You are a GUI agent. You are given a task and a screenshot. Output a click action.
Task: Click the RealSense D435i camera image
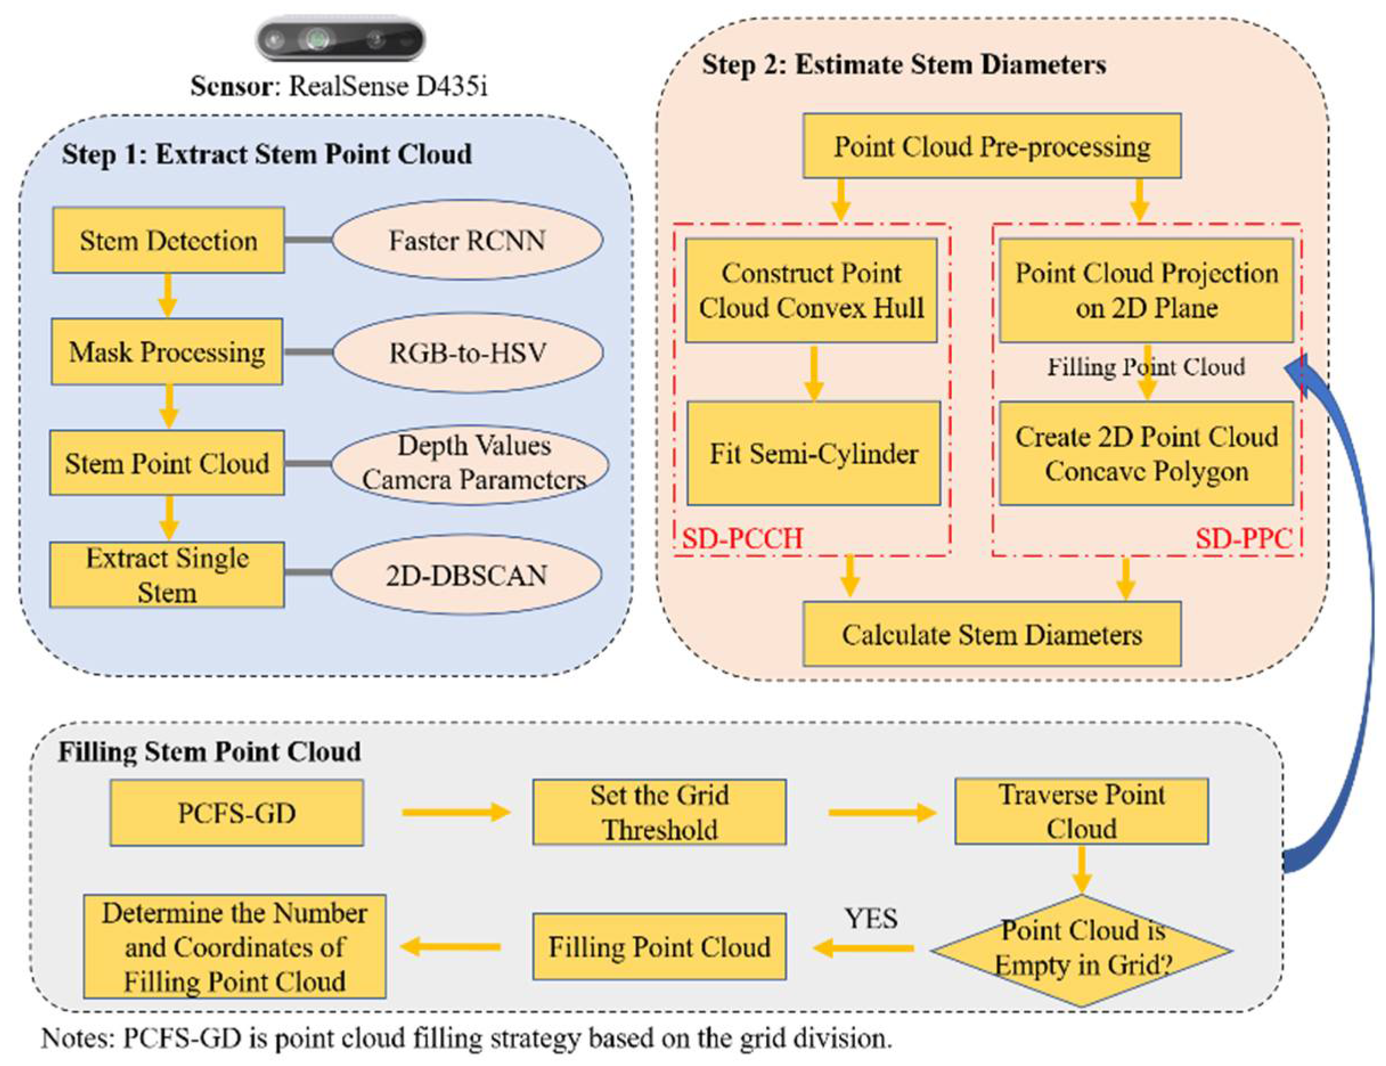[340, 39]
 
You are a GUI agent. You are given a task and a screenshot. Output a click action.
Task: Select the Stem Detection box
[168, 240]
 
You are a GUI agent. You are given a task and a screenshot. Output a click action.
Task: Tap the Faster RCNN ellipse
[467, 240]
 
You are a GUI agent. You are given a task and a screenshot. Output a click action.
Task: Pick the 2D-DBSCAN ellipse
[467, 575]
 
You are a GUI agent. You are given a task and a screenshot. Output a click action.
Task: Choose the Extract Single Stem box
[167, 575]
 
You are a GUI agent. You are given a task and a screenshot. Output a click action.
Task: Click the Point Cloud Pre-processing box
[992, 146]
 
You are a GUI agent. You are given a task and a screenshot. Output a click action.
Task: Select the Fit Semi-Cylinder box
[813, 453]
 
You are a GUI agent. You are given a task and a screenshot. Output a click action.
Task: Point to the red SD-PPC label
[1243, 539]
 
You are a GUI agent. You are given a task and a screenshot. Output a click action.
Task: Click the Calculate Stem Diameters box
[992, 634]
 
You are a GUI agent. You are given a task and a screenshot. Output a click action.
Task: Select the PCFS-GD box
[237, 813]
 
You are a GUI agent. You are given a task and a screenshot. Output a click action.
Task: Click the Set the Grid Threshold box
[659, 812]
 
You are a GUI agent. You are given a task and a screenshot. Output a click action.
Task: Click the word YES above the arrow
[870, 918]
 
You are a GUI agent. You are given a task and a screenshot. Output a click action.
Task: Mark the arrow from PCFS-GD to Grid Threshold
[456, 812]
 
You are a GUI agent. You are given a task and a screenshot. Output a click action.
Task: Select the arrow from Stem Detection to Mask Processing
[167, 295]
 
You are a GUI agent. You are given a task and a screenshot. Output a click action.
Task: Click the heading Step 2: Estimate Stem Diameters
[903, 65]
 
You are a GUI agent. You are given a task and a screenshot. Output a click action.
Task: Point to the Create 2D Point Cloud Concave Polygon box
[1146, 453]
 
